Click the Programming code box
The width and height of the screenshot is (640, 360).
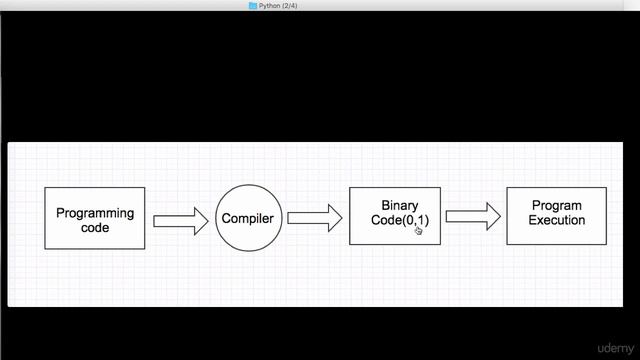pyautogui.click(x=95, y=218)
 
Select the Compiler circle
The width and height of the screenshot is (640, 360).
pyautogui.click(x=247, y=218)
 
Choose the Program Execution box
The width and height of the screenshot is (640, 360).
pyautogui.click(x=556, y=216)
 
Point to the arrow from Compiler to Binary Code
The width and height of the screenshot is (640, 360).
pyautogui.click(x=314, y=218)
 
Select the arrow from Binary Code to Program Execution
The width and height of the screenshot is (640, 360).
pyautogui.click(x=473, y=215)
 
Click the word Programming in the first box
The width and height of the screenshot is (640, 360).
pyautogui.click(x=95, y=213)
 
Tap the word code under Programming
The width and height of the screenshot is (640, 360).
pyautogui.click(x=95, y=227)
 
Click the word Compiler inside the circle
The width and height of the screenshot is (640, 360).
pyautogui.click(x=247, y=218)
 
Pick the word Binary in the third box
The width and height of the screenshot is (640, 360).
pyautogui.click(x=400, y=206)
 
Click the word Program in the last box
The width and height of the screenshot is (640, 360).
pyautogui.click(x=556, y=206)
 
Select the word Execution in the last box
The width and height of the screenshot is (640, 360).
pyautogui.click(x=556, y=220)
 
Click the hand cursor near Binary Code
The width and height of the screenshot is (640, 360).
pyautogui.click(x=419, y=231)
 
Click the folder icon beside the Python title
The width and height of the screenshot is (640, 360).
pyautogui.click(x=253, y=6)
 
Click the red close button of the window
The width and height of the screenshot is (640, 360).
pyautogui.click(x=8, y=6)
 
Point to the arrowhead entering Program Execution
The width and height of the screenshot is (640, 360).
pyautogui.click(x=493, y=215)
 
